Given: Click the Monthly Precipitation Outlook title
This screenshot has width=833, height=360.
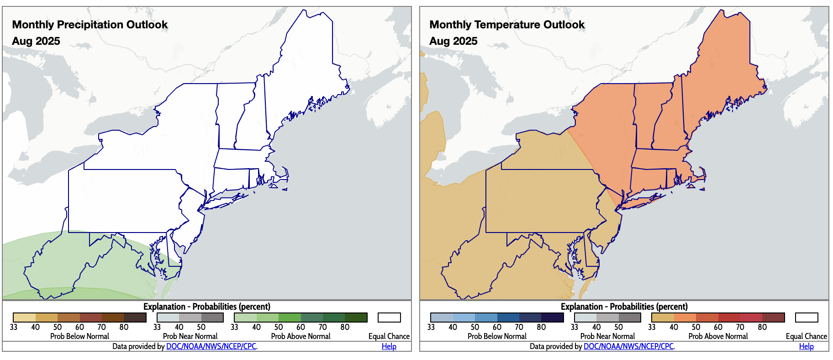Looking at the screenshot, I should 90,25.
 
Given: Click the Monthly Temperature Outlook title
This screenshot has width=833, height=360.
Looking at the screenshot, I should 507,25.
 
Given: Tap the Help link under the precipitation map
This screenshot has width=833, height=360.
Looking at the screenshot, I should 389,346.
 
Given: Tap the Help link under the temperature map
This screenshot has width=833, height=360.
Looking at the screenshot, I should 806,346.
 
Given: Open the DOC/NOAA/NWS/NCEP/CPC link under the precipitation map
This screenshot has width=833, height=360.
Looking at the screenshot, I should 211,346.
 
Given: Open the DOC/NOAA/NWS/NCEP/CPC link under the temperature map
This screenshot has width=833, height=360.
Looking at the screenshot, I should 628,346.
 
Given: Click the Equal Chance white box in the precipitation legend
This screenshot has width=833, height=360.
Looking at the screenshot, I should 389,318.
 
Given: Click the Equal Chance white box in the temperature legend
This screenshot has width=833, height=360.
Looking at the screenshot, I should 807,318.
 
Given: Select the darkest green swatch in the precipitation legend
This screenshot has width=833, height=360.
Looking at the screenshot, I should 356,318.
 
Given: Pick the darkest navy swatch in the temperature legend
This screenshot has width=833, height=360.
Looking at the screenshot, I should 553,318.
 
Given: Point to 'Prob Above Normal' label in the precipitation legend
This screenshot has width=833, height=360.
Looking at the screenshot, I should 301,336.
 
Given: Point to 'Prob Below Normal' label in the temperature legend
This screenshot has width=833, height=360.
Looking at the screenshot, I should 497,336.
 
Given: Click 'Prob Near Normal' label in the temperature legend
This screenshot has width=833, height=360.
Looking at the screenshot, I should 607,336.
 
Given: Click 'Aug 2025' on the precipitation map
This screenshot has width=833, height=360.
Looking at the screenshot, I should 36,41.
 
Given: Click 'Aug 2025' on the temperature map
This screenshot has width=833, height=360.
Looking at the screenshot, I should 453,41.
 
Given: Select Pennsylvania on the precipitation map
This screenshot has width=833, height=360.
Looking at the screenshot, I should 123,201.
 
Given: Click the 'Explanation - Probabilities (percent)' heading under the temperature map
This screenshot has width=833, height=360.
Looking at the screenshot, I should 624,307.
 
